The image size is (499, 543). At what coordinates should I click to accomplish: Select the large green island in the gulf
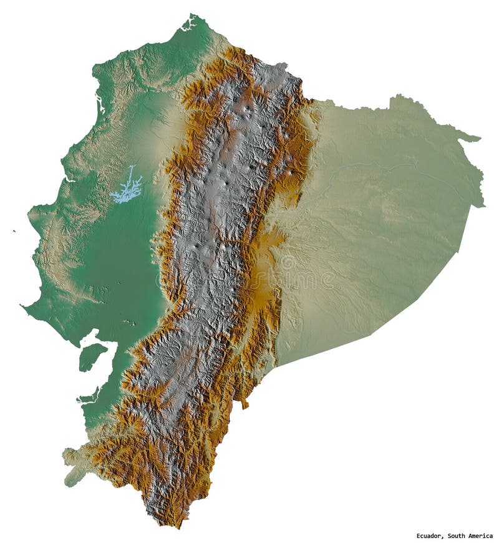[90, 357]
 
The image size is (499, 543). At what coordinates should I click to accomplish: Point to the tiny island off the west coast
[14, 231]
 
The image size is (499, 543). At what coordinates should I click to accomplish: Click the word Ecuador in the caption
[430, 536]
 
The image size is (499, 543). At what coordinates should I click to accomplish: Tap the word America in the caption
[481, 536]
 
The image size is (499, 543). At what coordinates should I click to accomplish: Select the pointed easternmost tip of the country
[483, 205]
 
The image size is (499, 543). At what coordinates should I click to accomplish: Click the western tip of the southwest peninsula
[23, 306]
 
